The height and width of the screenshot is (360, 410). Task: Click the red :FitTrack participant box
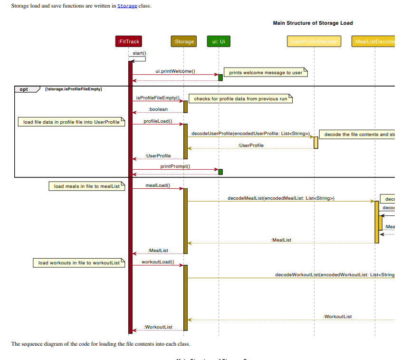(x=128, y=42)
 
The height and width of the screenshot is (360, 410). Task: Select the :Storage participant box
(x=183, y=42)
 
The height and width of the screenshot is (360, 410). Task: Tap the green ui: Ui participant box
(x=219, y=42)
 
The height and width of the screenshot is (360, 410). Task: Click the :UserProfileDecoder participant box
(x=314, y=42)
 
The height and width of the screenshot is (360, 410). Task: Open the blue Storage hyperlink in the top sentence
(x=127, y=6)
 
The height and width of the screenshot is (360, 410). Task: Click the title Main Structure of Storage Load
(x=313, y=23)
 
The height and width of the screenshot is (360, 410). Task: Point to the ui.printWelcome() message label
(x=175, y=71)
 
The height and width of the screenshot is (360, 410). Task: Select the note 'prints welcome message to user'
(x=266, y=73)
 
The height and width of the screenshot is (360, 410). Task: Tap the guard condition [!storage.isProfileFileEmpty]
(x=73, y=89)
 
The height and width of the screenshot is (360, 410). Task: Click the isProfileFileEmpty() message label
(x=158, y=97)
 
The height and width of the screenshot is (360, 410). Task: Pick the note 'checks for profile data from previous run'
(x=240, y=99)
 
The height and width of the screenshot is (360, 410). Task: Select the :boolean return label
(x=158, y=109)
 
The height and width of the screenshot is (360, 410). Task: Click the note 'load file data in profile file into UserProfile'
(x=71, y=122)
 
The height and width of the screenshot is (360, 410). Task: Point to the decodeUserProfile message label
(x=250, y=134)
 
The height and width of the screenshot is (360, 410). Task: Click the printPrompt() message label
(x=175, y=166)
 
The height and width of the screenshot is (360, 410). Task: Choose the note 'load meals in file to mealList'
(x=86, y=186)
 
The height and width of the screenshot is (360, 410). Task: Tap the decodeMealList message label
(x=280, y=198)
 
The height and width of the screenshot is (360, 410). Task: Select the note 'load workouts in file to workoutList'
(x=79, y=263)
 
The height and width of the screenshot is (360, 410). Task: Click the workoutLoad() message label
(x=158, y=262)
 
